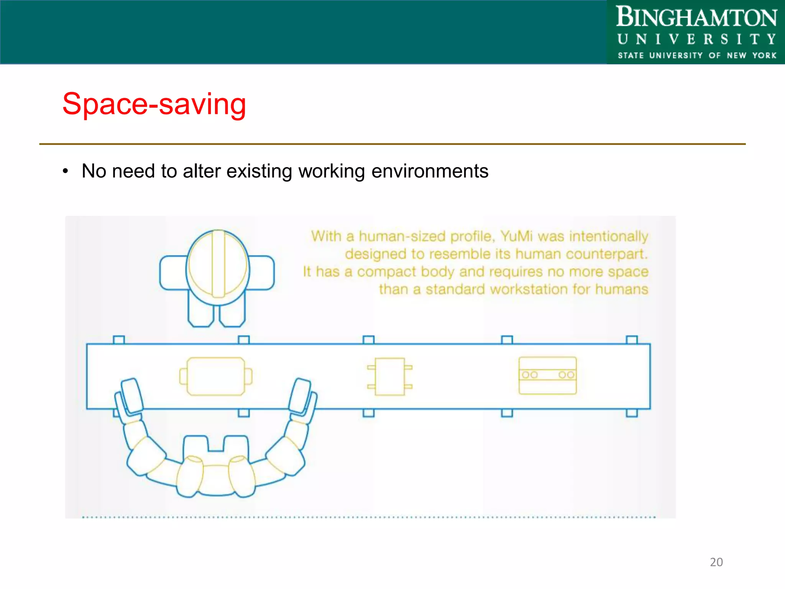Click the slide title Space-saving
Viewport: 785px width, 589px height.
[x=154, y=104]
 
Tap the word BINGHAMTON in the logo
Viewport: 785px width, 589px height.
[x=696, y=18]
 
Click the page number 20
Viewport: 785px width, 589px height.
[x=716, y=562]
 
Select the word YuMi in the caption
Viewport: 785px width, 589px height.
[x=516, y=236]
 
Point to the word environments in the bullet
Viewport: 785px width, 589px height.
[x=430, y=171]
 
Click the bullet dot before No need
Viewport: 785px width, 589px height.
[x=66, y=171]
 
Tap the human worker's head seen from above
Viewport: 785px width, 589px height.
[x=218, y=267]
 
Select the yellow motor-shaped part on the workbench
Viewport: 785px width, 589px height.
[x=216, y=376]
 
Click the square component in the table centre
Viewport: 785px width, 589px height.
[x=389, y=377]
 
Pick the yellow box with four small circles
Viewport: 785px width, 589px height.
[x=547, y=375]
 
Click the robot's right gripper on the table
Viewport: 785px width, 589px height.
[x=301, y=397]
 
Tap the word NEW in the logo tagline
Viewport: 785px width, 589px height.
[x=736, y=56]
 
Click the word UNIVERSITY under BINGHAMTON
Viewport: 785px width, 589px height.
[x=696, y=39]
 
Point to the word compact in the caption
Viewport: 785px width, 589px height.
[x=386, y=271]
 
